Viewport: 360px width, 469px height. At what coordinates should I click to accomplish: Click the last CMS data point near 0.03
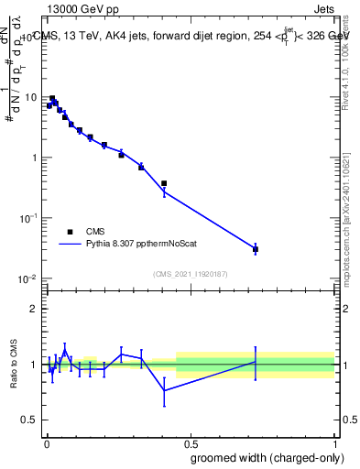point(256,249)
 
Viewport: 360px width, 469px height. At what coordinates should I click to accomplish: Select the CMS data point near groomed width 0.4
point(164,183)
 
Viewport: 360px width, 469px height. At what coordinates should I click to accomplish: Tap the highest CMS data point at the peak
point(52,98)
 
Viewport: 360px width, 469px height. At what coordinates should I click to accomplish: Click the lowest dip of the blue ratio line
point(164,390)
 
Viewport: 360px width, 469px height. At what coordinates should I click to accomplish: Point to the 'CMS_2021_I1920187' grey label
point(191,273)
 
